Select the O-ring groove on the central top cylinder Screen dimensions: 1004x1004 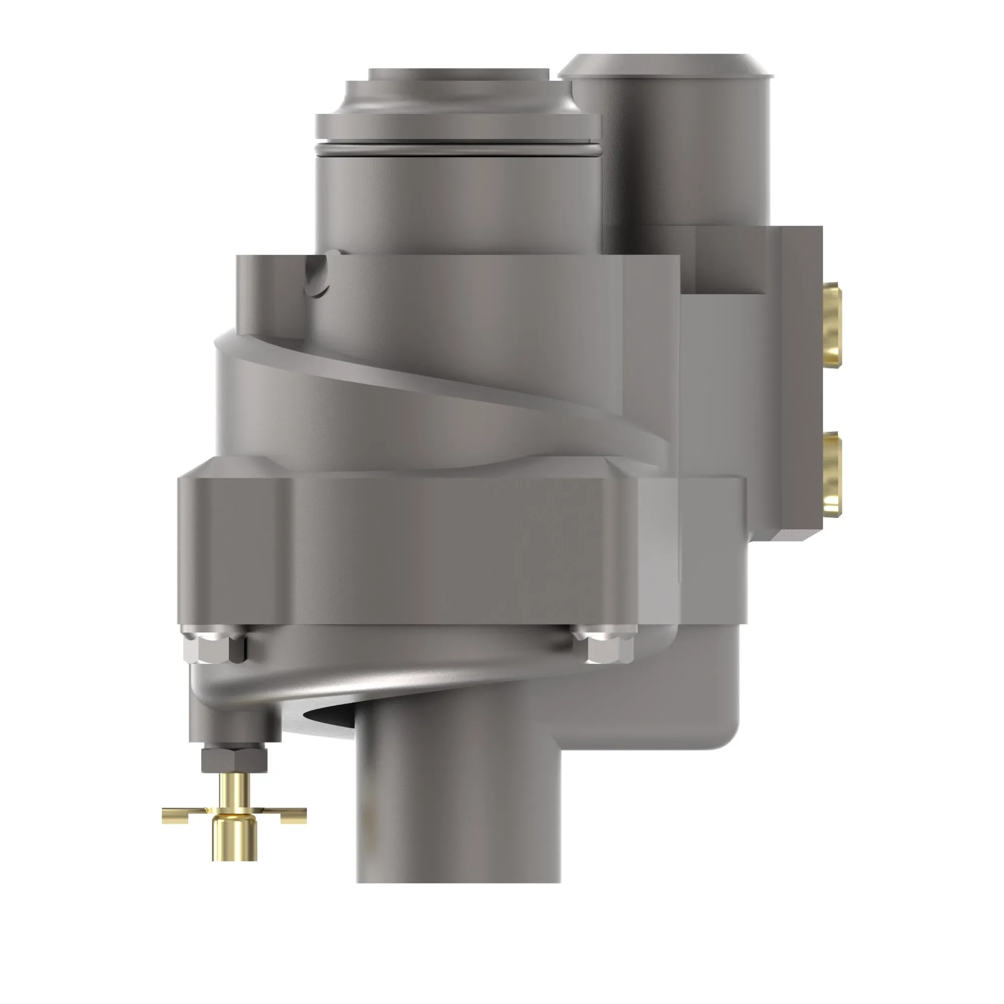[457, 150]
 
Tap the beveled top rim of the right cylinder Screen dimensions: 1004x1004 [665, 65]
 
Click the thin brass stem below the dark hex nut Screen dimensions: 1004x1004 [234, 790]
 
